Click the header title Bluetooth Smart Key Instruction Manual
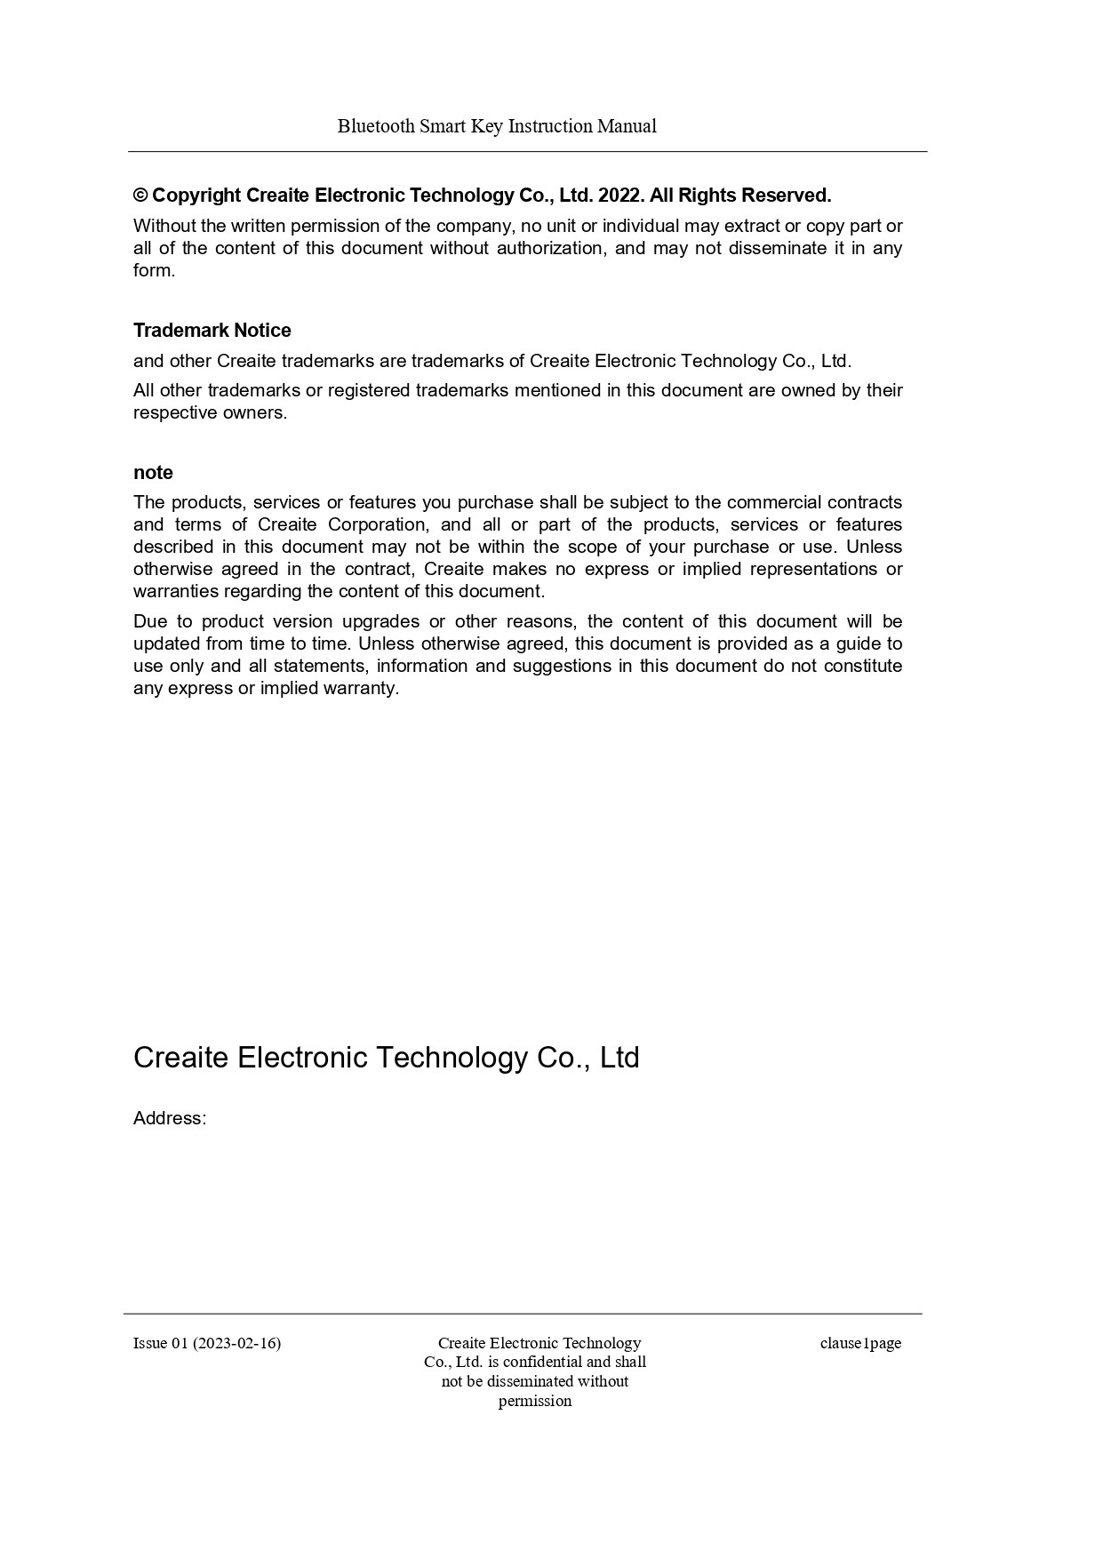pyautogui.click(x=497, y=126)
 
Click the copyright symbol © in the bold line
pyautogui.click(x=140, y=196)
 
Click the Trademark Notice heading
pyautogui.click(x=212, y=331)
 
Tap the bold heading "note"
pyautogui.click(x=153, y=473)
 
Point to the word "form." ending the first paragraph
pyautogui.click(x=155, y=271)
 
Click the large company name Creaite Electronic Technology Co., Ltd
pyautogui.click(x=386, y=1058)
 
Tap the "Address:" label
pyautogui.click(x=170, y=1119)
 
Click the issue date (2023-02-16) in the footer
pyautogui.click(x=236, y=1343)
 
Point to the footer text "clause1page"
pyautogui.click(x=860, y=1343)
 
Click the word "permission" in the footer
pyautogui.click(x=535, y=1402)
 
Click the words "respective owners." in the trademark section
pyautogui.click(x=211, y=413)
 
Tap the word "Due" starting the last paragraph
pyautogui.click(x=150, y=622)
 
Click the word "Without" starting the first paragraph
pyautogui.click(x=164, y=227)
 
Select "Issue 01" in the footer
pyautogui.click(x=161, y=1343)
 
